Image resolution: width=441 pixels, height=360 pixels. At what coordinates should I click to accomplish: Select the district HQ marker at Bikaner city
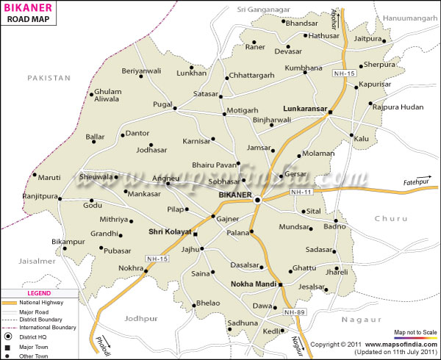point(257,199)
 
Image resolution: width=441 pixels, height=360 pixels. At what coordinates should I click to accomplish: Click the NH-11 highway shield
point(301,192)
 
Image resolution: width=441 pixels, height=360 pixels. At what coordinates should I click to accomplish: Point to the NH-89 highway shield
point(294,313)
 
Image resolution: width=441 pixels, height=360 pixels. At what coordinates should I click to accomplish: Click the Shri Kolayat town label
point(169,231)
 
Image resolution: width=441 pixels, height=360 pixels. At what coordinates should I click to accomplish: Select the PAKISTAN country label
point(49,77)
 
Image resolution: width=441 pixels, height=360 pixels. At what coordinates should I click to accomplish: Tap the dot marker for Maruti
point(35,175)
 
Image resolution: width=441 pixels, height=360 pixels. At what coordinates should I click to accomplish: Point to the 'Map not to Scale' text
point(416,333)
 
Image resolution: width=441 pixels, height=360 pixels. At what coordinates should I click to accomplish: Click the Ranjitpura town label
point(29,197)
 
